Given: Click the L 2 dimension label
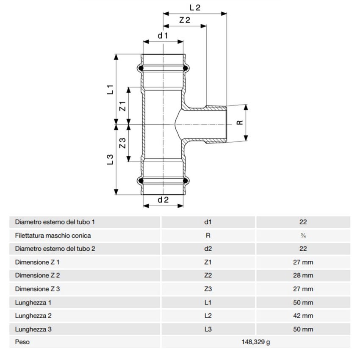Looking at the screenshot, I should (x=195, y=7).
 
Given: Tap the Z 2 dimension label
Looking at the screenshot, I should (x=184, y=20).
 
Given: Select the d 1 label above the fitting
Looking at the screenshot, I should (x=163, y=36).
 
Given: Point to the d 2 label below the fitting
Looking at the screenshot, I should (x=163, y=200).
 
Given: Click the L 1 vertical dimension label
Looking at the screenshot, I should (x=110, y=89).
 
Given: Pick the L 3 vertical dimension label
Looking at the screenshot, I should (x=110, y=159).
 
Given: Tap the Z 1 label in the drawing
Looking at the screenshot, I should (x=122, y=106).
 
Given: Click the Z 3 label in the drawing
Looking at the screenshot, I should (x=122, y=143).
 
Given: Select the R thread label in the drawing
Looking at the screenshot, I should (x=240, y=122).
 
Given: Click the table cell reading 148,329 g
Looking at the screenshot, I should (x=255, y=342).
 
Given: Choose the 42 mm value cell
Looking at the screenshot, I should (x=303, y=316).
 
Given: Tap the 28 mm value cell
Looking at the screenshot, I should (x=303, y=275).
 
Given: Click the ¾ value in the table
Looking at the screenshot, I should (x=303, y=235).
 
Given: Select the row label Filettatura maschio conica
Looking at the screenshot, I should (x=53, y=235).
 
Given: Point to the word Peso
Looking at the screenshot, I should (x=22, y=342).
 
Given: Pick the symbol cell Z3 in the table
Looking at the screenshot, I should (x=208, y=289).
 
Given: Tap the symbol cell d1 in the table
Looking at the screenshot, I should (x=208, y=222).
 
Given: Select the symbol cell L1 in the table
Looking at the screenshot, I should (x=208, y=302).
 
